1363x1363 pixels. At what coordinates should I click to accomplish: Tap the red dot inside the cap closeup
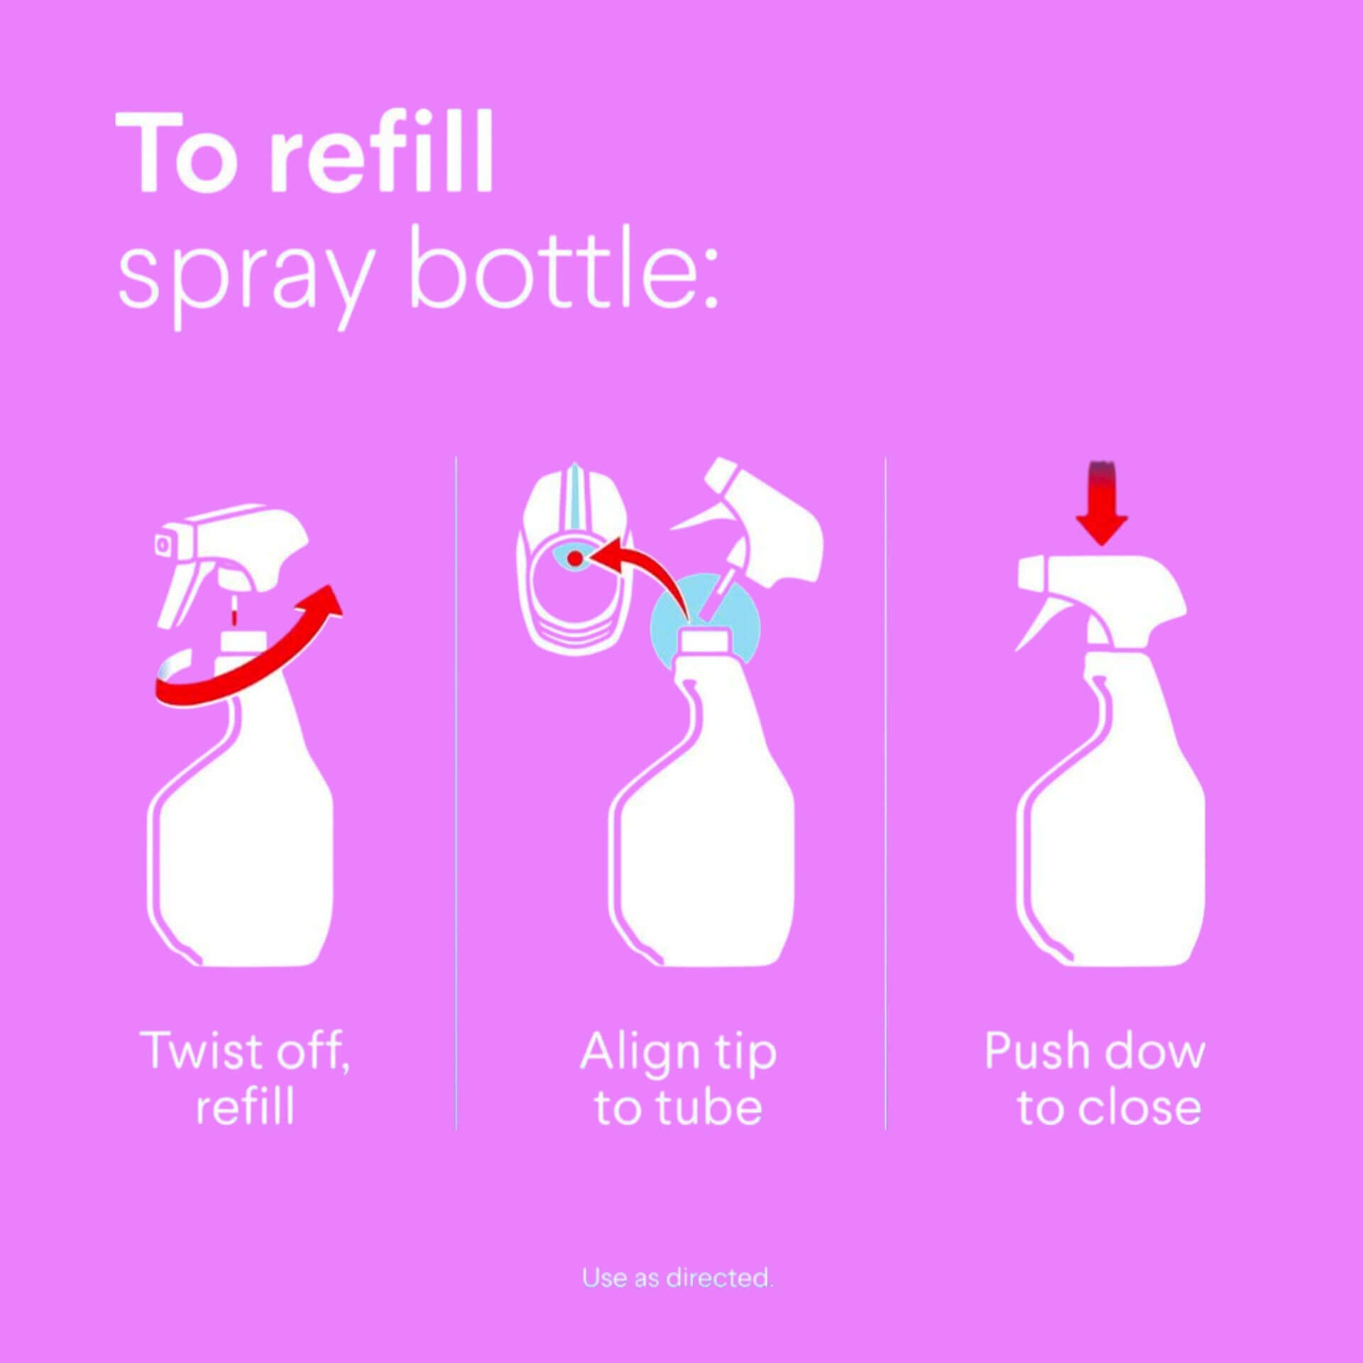point(575,559)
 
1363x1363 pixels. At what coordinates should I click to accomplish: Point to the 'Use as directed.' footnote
point(677,1278)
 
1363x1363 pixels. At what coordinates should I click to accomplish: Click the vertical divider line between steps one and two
point(456,781)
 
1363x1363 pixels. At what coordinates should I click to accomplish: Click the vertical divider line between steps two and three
point(886,781)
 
